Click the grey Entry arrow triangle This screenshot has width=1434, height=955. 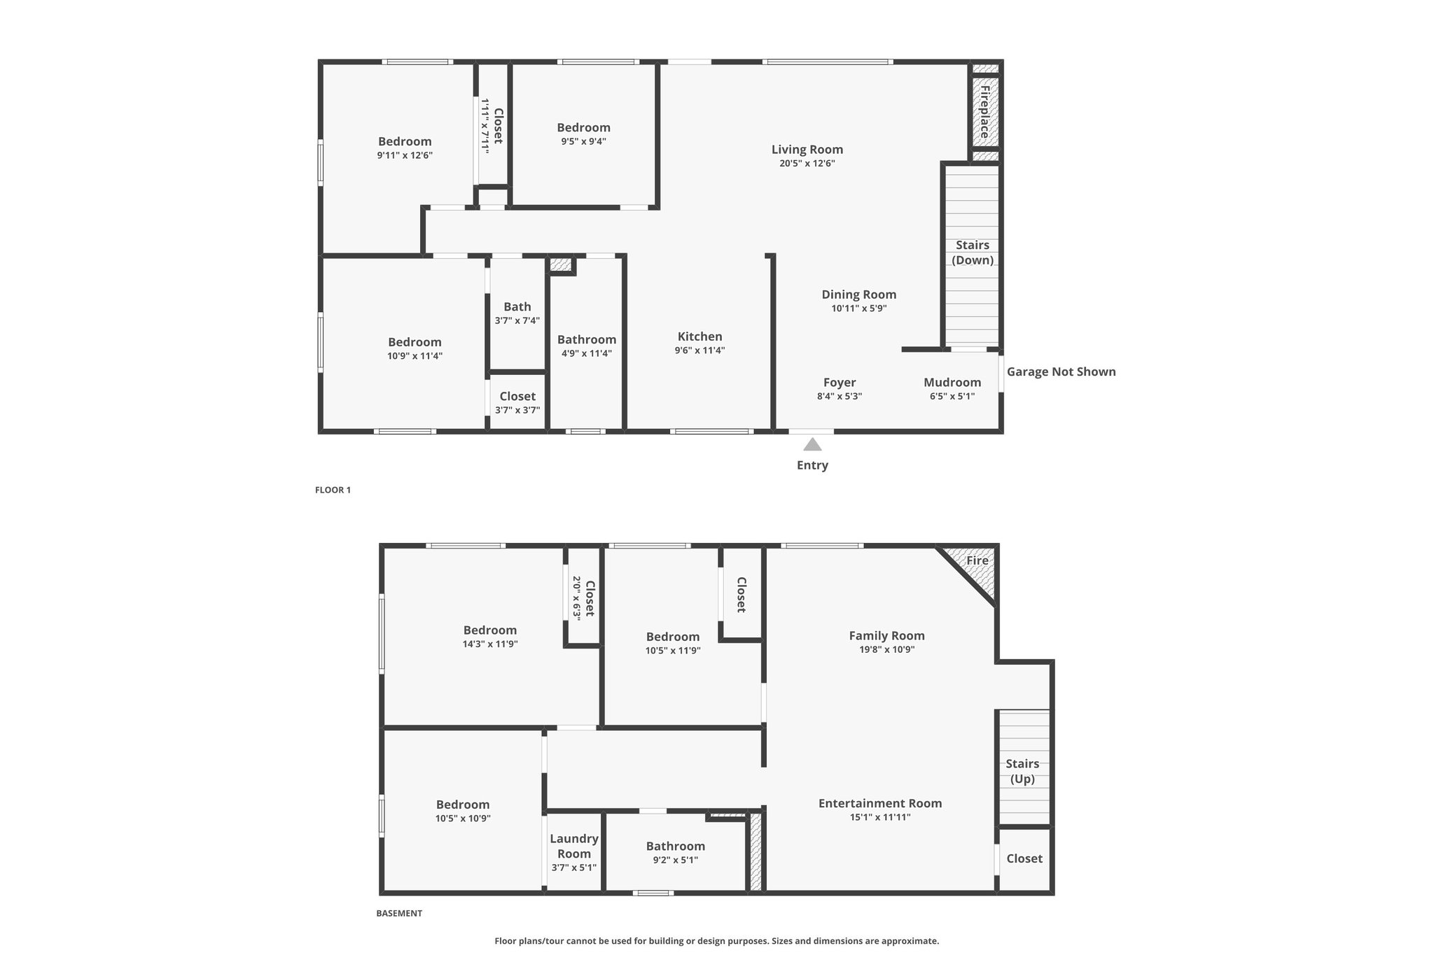(812, 444)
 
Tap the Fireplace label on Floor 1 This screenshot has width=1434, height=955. (985, 112)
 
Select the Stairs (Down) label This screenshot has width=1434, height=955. (973, 253)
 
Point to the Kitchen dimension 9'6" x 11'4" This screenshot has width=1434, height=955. (699, 351)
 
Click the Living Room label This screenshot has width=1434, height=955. (807, 149)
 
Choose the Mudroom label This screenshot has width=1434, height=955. (952, 382)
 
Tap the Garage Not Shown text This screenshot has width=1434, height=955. (1061, 372)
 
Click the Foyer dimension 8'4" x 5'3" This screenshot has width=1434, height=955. (840, 396)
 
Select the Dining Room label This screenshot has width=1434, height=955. (859, 295)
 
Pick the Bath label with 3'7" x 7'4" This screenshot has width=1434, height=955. (517, 306)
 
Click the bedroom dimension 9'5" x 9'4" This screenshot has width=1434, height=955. (583, 141)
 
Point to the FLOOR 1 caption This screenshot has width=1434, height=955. (333, 490)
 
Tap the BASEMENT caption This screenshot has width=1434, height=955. (399, 913)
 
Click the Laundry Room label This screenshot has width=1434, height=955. (574, 846)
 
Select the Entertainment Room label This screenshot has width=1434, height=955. (880, 803)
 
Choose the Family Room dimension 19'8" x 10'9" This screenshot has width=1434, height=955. (887, 649)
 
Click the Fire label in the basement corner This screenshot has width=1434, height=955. (977, 560)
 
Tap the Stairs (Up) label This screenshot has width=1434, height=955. (1022, 771)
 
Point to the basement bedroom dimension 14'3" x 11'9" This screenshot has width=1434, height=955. (490, 644)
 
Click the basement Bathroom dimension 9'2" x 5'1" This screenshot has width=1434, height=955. (676, 860)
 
